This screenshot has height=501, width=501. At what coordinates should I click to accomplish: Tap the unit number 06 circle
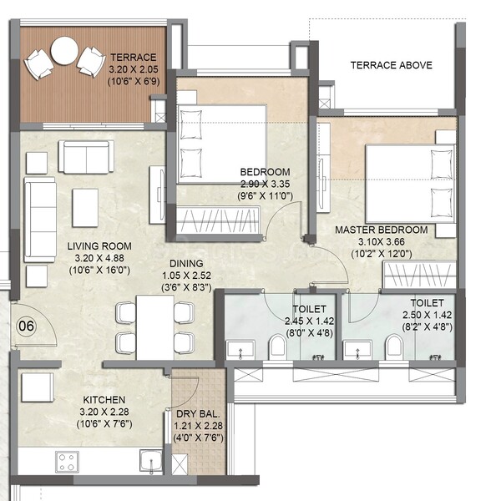click(x=26, y=326)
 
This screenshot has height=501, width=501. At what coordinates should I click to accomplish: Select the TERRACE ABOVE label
click(x=391, y=65)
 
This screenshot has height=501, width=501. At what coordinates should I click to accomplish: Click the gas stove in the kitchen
click(x=67, y=462)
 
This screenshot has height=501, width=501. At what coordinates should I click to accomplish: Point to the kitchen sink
click(x=151, y=462)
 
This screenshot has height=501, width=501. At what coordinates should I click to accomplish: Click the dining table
click(x=155, y=327)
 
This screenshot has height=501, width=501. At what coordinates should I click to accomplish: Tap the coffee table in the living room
click(x=85, y=208)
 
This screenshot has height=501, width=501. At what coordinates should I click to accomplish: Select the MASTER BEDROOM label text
click(x=382, y=230)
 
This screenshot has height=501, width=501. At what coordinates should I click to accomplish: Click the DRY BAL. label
click(x=198, y=414)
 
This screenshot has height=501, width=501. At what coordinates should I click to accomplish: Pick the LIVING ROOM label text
click(x=99, y=246)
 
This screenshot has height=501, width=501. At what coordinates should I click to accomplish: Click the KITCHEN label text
click(x=104, y=400)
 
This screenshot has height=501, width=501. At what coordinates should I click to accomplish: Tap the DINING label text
click(x=186, y=263)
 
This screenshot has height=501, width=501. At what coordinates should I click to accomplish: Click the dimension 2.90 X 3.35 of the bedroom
click(x=266, y=184)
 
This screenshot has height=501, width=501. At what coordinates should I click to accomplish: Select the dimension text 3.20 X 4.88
click(x=99, y=258)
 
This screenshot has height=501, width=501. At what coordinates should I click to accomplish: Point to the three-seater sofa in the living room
click(x=40, y=220)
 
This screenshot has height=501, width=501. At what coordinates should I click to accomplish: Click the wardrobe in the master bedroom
click(x=419, y=275)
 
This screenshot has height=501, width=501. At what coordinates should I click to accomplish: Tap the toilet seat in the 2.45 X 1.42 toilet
click(x=277, y=347)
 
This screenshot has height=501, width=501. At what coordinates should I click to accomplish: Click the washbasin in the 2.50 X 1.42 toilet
click(x=357, y=350)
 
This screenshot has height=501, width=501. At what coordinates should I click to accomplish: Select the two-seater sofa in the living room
click(x=86, y=157)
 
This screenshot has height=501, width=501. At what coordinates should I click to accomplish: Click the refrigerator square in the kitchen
click(x=38, y=387)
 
